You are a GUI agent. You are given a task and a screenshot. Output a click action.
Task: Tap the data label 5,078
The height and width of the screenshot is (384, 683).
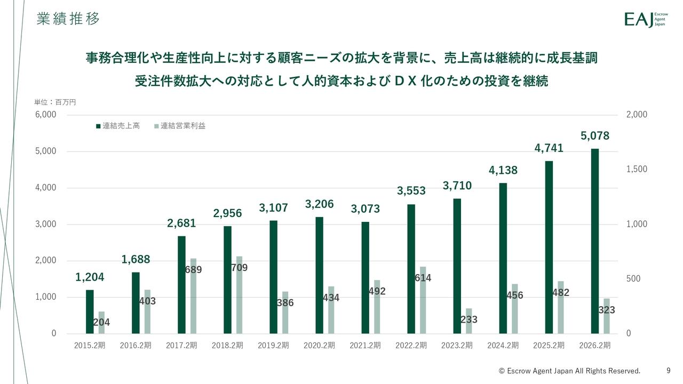coord(594,136)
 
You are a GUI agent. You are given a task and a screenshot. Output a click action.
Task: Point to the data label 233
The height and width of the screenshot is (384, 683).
coord(468,319)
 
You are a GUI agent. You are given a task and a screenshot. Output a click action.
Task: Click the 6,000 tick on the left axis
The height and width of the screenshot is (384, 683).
coord(46,115)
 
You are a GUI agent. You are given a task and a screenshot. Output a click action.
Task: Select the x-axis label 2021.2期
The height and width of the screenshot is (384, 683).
coord(365,346)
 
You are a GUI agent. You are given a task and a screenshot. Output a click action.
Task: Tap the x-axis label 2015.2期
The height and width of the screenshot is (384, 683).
coord(90,346)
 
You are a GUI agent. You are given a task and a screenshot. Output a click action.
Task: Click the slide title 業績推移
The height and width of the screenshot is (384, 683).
coord(68,19)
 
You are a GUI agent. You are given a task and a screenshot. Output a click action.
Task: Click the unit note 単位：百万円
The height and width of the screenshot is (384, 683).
coord(55,102)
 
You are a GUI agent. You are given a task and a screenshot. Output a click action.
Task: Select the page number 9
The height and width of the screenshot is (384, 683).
coord(669,370)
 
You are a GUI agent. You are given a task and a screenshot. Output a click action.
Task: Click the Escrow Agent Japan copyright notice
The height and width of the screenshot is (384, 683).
coord(569,371)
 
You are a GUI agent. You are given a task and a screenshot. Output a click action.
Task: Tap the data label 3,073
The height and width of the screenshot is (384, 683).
coord(365,209)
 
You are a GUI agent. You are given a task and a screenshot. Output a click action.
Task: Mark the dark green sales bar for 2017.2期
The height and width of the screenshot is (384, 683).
coord(181,285)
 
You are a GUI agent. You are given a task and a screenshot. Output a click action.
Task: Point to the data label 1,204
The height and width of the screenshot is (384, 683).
coord(90,277)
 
